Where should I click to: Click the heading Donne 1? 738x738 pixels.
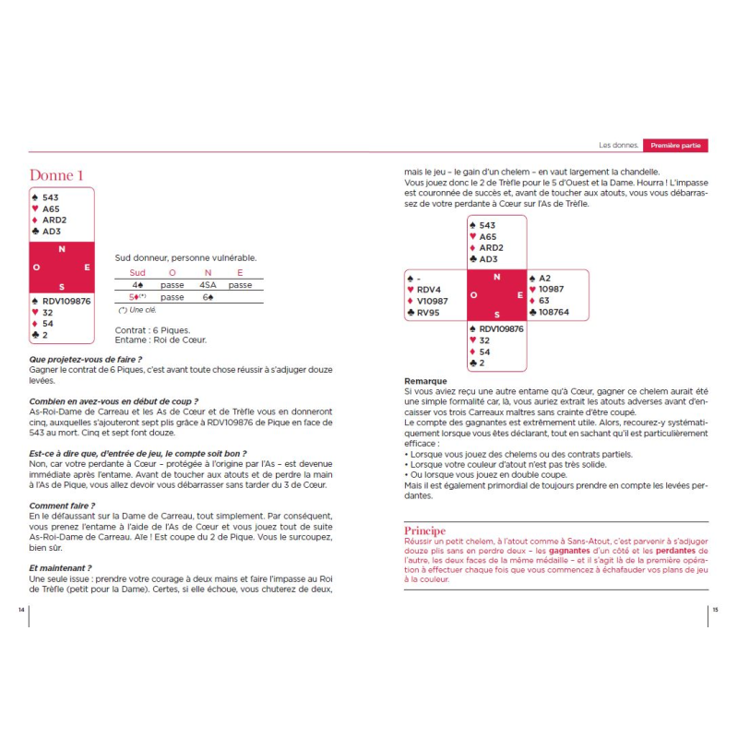pyautogui.click(x=56, y=175)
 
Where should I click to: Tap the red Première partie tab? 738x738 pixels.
pyautogui.click(x=675, y=146)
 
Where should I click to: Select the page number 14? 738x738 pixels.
pyautogui.click(x=22, y=610)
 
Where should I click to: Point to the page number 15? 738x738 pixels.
pyautogui.click(x=715, y=610)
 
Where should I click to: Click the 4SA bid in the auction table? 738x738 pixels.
pyautogui.click(x=208, y=285)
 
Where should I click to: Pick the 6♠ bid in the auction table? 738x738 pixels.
pyautogui.click(x=208, y=297)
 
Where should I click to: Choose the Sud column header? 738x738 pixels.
pyautogui.click(x=137, y=273)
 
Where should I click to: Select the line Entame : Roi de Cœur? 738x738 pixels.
pyautogui.click(x=161, y=339)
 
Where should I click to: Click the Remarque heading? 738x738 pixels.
pyautogui.click(x=426, y=381)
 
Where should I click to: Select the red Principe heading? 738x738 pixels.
pyautogui.click(x=424, y=530)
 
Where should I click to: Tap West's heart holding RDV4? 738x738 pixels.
pyautogui.click(x=430, y=290)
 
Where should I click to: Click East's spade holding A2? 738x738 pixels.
pyautogui.click(x=544, y=278)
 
